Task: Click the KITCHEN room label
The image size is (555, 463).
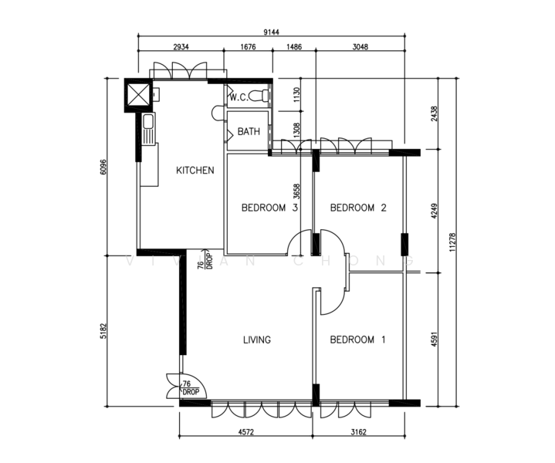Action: pos(195,171)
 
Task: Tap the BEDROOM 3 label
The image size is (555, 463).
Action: pos(269,208)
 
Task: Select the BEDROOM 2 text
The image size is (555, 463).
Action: pos(358,208)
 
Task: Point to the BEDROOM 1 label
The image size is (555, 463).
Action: pos(357,340)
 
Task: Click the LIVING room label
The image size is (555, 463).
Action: pos(257,340)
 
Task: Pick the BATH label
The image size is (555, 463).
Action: pos(249,132)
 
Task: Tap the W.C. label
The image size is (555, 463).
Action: pos(239,97)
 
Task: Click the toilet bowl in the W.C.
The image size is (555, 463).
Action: pos(259,96)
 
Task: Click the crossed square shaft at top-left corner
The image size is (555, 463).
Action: pos(138,95)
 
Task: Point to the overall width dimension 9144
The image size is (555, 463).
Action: pos(271,32)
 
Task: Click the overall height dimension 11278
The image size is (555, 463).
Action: pos(452,242)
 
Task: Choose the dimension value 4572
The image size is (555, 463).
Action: pos(246,432)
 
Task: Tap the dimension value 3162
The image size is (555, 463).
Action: pos(359,432)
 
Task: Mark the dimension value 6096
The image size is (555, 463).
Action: pos(103,167)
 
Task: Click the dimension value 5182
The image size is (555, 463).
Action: pos(103,331)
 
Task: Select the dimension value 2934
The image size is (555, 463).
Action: pos(181,47)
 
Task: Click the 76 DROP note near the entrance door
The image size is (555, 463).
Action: pos(191,388)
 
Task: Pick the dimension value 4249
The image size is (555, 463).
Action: pos(435,211)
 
